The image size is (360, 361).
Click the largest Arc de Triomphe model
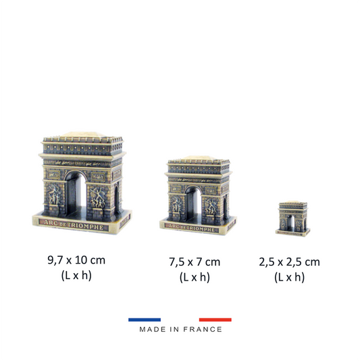(82, 183)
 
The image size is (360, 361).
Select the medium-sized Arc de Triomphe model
(198, 195)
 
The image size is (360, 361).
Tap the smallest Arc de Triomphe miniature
(293, 219)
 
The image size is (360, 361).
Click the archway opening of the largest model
(76, 195)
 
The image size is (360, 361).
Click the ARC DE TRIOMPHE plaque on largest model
(74, 225)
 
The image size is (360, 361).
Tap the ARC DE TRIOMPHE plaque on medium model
(192, 227)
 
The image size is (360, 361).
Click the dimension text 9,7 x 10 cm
(76, 260)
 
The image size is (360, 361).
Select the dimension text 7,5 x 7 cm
(195, 262)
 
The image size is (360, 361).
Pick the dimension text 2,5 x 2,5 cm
(289, 262)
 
